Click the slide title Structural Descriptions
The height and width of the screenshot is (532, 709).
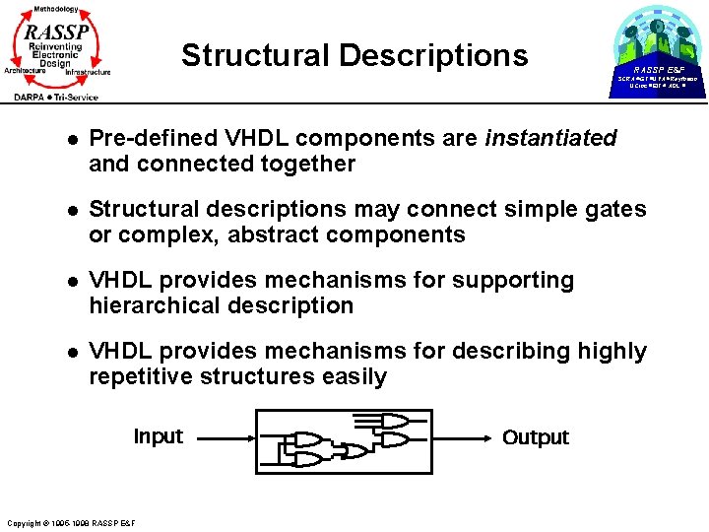(x=354, y=55)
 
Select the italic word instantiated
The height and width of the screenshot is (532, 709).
(x=550, y=139)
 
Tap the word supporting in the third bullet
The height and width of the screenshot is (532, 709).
(x=514, y=281)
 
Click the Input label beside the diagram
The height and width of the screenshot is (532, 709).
(x=158, y=436)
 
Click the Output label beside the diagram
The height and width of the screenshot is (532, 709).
(x=536, y=437)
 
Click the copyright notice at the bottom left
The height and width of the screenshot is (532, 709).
(x=71, y=522)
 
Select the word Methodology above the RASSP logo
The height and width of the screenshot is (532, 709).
(x=55, y=8)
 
